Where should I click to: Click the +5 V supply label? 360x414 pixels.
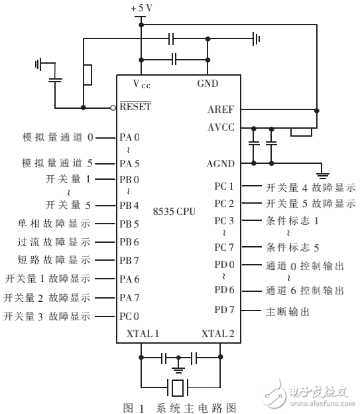pyautogui.click(x=141, y=7)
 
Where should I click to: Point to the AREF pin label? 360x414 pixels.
pyautogui.click(x=221, y=109)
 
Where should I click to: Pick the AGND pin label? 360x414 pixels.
pyautogui.click(x=220, y=163)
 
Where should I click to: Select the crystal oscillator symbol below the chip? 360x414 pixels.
pyautogui.click(x=177, y=385)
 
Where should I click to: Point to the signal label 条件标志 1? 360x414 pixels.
pyautogui.click(x=292, y=220)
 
